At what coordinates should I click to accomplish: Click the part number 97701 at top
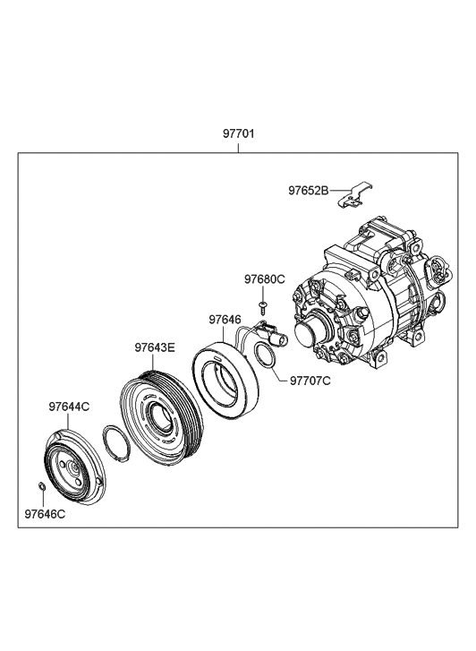(238, 133)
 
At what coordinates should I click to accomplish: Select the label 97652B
(309, 191)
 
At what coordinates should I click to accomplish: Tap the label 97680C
(264, 279)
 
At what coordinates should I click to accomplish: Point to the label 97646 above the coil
(225, 320)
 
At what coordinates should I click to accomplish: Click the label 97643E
(155, 347)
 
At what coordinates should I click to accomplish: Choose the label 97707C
(310, 381)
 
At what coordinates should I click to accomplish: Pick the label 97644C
(69, 407)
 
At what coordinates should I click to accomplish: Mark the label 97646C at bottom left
(45, 514)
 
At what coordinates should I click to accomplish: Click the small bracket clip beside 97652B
(354, 195)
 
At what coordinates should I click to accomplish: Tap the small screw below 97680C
(262, 308)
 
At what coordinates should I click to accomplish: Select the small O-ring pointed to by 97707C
(265, 355)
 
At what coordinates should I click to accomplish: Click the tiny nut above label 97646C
(41, 486)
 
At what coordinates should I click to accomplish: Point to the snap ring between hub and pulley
(116, 443)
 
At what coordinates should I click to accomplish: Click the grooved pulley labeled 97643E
(161, 414)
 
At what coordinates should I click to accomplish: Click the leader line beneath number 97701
(238, 148)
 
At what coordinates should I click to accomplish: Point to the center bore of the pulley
(160, 417)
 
